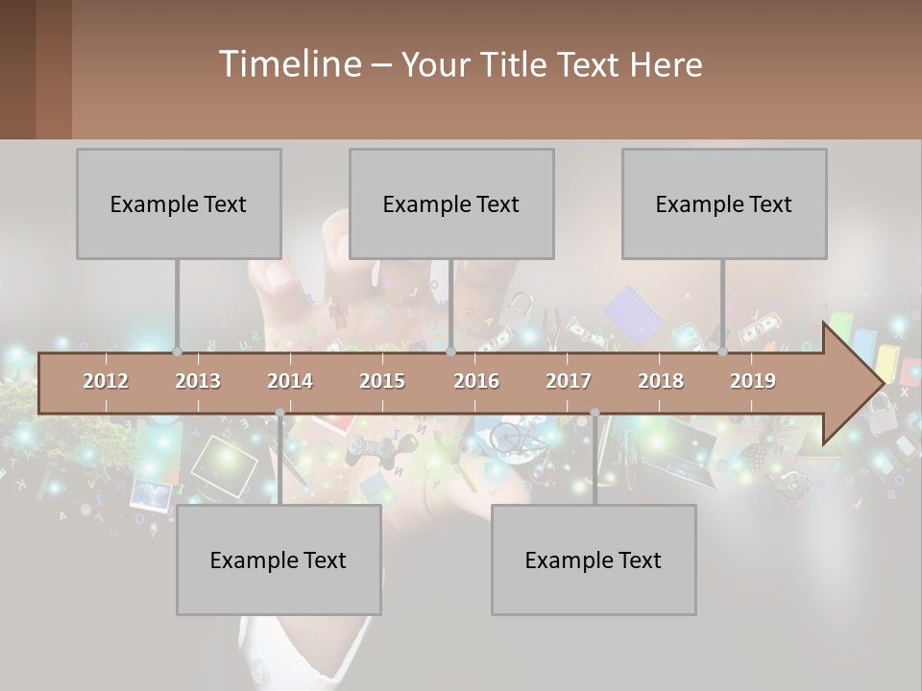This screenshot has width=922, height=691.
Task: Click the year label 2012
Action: [x=106, y=381]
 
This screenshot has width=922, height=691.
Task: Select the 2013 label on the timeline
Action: [x=198, y=381]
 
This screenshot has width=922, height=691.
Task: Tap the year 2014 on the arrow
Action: [x=290, y=381]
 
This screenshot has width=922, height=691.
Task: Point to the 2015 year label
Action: [x=382, y=381]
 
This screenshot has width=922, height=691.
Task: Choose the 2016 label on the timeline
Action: [x=476, y=381]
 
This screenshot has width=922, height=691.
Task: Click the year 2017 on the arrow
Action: [x=569, y=381]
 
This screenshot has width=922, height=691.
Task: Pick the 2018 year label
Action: [x=661, y=381]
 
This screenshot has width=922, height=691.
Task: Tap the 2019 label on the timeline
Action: [x=753, y=381]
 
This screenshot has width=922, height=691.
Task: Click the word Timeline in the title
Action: [x=288, y=63]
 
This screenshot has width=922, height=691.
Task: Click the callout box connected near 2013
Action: [x=179, y=203]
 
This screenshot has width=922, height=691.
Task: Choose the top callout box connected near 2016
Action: [x=451, y=203]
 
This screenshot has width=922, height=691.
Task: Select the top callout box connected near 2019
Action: [x=724, y=203]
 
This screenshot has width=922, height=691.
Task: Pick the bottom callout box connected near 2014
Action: [x=279, y=560]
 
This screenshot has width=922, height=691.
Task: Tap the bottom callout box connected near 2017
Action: [x=594, y=560]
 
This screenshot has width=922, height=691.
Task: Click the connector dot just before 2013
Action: [x=178, y=352]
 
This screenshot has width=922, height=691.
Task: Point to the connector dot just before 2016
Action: [x=451, y=352]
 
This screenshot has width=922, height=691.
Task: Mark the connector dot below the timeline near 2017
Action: [x=594, y=413]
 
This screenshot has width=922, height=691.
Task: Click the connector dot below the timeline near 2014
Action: [x=279, y=413]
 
